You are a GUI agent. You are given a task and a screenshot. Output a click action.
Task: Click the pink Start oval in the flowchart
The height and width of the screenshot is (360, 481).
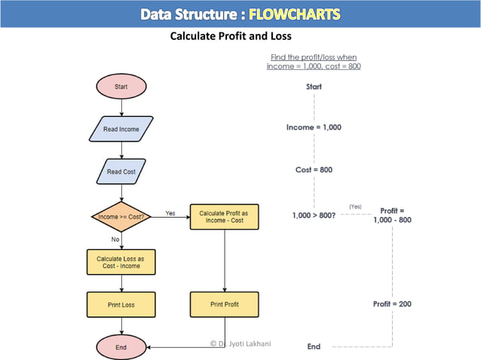coord(121,87)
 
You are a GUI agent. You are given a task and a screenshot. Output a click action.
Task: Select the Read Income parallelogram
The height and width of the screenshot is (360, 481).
coord(121,129)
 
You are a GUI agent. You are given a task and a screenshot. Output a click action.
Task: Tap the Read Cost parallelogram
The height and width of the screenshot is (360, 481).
coord(121,172)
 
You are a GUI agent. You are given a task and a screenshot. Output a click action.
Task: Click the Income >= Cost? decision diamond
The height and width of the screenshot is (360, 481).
coord(121,217)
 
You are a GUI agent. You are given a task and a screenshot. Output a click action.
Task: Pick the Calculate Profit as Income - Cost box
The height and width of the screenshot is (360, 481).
coord(224,217)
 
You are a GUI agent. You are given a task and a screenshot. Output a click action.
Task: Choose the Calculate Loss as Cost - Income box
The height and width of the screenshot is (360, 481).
coord(121,261)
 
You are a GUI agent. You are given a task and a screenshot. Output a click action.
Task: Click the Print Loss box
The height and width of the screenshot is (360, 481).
coord(121,304)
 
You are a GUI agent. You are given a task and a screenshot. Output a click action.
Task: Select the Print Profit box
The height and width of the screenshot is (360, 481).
coord(224,304)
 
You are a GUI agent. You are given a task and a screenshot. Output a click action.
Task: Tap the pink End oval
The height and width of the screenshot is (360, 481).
coord(121,347)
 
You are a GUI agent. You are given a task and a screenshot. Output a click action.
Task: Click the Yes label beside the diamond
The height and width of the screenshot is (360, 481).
coord(170,213)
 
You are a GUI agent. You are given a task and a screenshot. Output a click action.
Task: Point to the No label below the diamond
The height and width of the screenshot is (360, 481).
coord(115,239)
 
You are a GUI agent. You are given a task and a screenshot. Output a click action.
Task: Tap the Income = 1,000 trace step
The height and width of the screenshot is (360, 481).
coord(314,127)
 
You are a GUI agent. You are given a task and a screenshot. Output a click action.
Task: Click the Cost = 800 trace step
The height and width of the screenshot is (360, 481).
coord(314,169)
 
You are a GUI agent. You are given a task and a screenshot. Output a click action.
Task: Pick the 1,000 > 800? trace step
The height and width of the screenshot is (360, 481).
coord(314,216)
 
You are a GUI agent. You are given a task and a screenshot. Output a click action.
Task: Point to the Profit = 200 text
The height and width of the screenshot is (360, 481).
coord(392,304)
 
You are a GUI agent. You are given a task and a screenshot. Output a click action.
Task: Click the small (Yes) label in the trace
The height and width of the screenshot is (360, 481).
coord(355,206)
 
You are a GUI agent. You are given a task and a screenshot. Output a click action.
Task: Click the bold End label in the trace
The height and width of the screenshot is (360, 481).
coord(314,346)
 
